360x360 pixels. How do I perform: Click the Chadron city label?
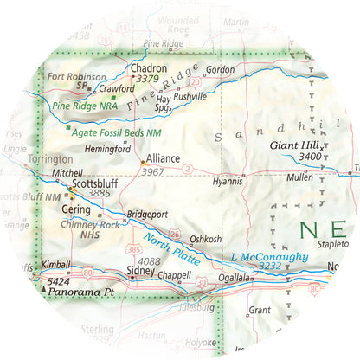[147, 67]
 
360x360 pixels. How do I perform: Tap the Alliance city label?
[164, 159]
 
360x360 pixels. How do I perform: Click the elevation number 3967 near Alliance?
[152, 173]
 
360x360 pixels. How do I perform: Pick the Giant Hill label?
[297, 145]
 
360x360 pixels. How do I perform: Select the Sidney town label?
[142, 272]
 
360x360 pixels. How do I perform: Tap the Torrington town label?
[50, 159]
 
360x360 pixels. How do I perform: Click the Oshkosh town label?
[206, 239]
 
